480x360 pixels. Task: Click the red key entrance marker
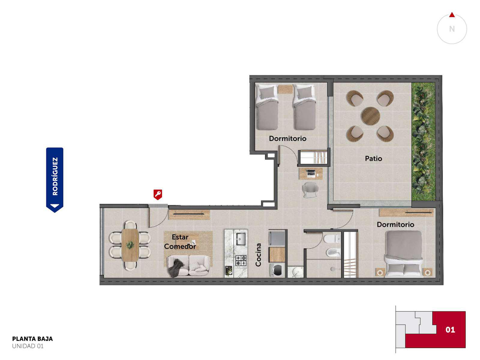(158, 194)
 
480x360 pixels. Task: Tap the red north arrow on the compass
(452, 15)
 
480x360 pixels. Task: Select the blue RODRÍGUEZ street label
(55, 180)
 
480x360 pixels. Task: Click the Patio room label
(373, 158)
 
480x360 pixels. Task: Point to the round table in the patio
(370, 116)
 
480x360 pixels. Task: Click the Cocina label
(258, 255)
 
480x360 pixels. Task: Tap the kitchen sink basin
(241, 239)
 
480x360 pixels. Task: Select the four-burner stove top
(241, 260)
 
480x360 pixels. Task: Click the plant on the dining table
(130, 245)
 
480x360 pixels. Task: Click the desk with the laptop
(310, 174)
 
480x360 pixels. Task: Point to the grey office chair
(310, 190)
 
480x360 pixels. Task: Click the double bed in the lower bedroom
(404, 254)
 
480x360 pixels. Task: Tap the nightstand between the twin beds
(285, 89)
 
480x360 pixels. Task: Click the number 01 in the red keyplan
(450, 330)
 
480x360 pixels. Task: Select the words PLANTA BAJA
(32, 339)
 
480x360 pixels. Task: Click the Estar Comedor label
(180, 242)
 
